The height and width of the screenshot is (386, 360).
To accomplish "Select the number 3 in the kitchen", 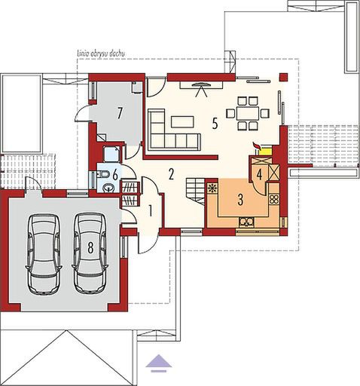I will [240, 201].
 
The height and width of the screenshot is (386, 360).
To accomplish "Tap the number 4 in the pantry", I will [258, 174].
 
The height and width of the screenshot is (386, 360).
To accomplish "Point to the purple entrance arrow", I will [158, 363].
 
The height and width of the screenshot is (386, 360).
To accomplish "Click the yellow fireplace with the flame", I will [263, 150].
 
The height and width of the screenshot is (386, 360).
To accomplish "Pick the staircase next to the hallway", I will [197, 193].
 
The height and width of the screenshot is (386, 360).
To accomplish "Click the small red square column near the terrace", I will [283, 75].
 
